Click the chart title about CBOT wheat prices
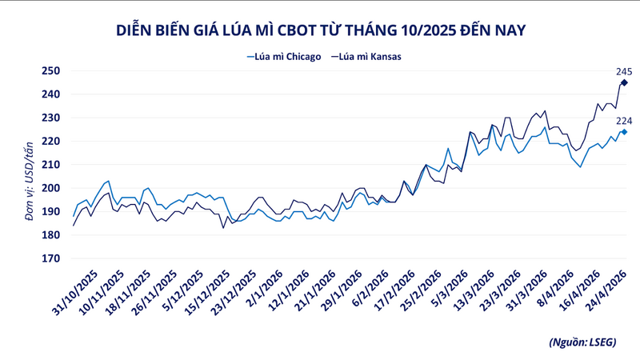pos(321,30)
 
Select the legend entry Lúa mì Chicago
pos(284,57)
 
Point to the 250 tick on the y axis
pos(51,70)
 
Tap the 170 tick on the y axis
pos(51,258)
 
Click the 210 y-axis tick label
pos(51,165)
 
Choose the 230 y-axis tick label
pos(51,118)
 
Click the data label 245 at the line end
pos(624,71)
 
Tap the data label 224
pos(624,121)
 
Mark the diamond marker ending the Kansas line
pos(624,82)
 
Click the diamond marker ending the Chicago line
pos(624,132)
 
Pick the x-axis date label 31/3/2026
pos(529,291)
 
